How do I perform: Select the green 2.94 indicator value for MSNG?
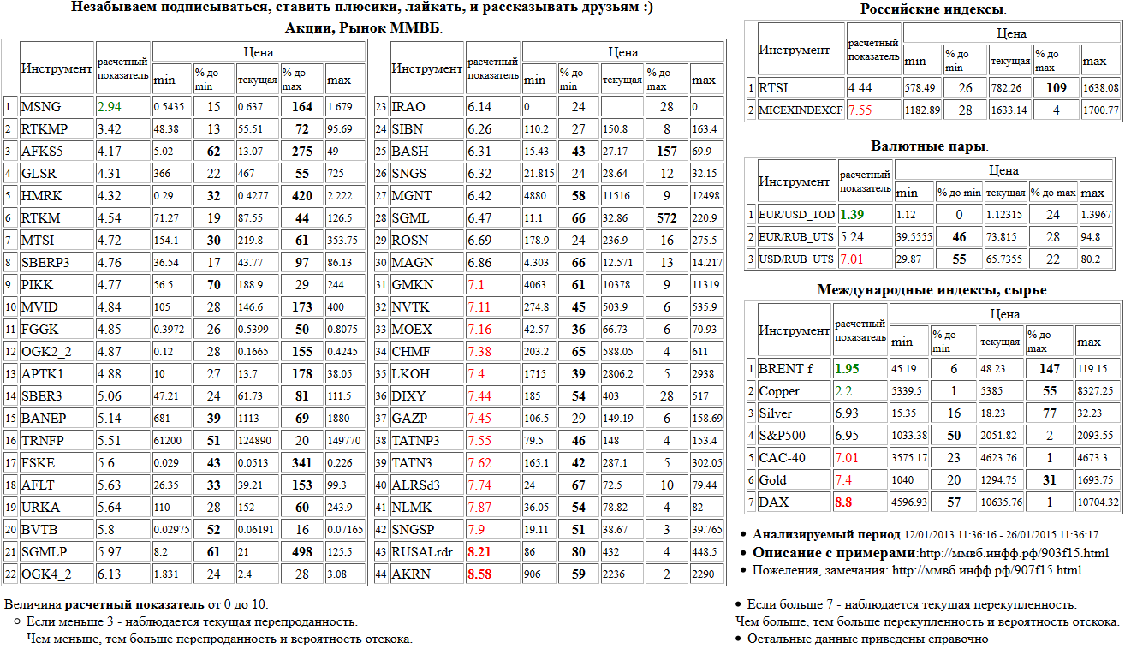[x=108, y=107]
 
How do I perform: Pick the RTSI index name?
[x=774, y=87]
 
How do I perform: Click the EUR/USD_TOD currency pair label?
[x=795, y=214]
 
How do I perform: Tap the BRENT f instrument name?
[x=785, y=369]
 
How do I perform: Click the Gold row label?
[x=772, y=480]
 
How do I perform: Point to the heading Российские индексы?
[x=932, y=9]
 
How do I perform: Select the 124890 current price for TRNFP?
[x=257, y=441]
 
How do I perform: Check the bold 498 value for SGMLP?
[x=301, y=552]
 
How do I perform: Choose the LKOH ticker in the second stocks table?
[x=409, y=374]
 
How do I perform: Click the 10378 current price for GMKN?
[x=617, y=285]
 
